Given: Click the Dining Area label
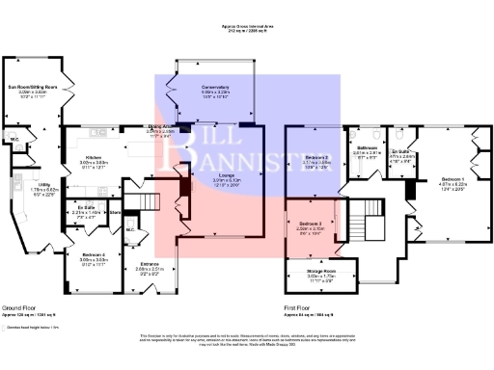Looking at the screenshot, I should (x=159, y=126).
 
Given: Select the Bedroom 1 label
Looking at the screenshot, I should (x=452, y=179).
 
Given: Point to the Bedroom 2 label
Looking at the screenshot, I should (x=317, y=156).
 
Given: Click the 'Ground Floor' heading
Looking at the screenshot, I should (x=19, y=305).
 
